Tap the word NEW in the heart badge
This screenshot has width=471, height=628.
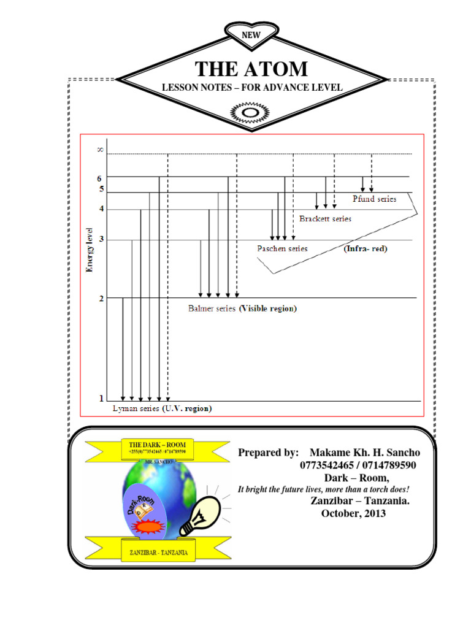coord(251,35)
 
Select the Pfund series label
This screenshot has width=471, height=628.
coord(374,199)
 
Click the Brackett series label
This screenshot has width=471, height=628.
coord(325,219)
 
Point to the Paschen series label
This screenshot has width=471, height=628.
coord(282,248)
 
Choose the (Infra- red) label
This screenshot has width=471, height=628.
coord(365,249)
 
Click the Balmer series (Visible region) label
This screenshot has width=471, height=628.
coord(242,308)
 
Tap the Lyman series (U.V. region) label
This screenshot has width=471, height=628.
coord(163,408)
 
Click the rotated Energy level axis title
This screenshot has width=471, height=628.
coord(90,250)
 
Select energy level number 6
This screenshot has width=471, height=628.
coord(101,178)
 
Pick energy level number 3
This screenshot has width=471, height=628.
coord(101,239)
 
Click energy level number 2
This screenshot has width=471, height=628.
coord(101,299)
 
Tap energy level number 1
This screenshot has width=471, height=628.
coord(101,398)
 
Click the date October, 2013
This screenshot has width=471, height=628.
coord(353,513)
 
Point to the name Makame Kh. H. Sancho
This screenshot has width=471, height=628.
coord(365,453)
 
